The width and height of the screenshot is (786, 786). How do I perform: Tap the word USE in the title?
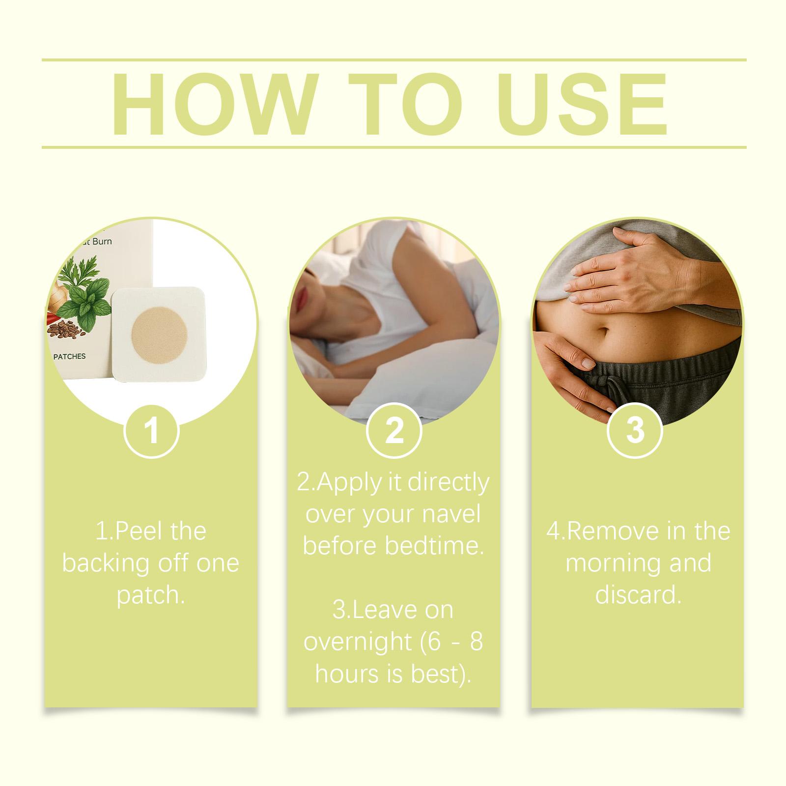pyautogui.click(x=581, y=105)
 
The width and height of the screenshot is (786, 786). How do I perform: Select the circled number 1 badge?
pyautogui.click(x=151, y=431)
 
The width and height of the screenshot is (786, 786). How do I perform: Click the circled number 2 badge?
pyautogui.click(x=394, y=431)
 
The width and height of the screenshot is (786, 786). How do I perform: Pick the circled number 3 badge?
pyautogui.click(x=636, y=431)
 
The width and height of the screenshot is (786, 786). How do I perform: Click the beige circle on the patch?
pyautogui.click(x=161, y=336)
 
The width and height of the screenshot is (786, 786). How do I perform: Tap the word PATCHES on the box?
pyautogui.click(x=69, y=356)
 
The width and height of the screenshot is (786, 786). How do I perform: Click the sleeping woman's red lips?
pyautogui.click(x=301, y=294)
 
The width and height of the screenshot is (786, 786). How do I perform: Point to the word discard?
pyautogui.click(x=638, y=595)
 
